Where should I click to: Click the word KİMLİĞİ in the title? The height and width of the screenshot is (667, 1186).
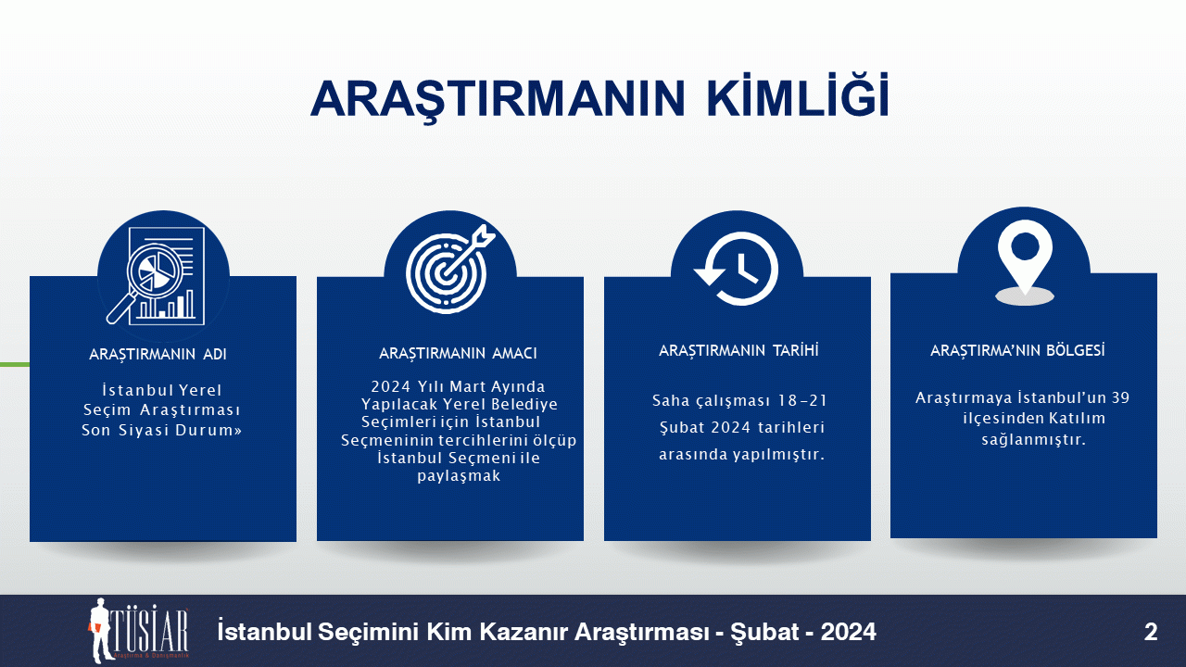click(798, 97)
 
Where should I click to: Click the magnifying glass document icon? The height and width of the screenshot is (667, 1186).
click(156, 276)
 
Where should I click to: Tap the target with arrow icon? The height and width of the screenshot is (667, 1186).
click(450, 269)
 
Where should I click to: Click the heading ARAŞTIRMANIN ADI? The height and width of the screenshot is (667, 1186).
click(158, 354)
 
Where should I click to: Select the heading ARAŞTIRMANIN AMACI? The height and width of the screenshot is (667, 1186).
click(458, 353)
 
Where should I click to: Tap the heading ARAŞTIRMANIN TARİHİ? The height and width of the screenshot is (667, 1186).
click(738, 350)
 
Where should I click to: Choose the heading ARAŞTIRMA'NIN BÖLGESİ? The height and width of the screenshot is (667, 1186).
click(1017, 350)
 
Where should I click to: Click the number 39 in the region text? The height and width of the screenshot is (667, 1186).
click(1120, 397)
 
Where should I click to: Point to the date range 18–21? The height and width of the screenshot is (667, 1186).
click(802, 401)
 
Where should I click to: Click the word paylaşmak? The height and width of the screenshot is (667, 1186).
click(459, 476)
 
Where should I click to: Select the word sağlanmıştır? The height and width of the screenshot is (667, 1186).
click(1033, 439)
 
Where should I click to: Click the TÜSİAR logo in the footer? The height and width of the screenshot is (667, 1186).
click(139, 631)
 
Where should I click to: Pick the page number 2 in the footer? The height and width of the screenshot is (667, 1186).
click(1151, 632)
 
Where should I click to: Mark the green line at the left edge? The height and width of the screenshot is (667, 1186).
click(15, 365)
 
